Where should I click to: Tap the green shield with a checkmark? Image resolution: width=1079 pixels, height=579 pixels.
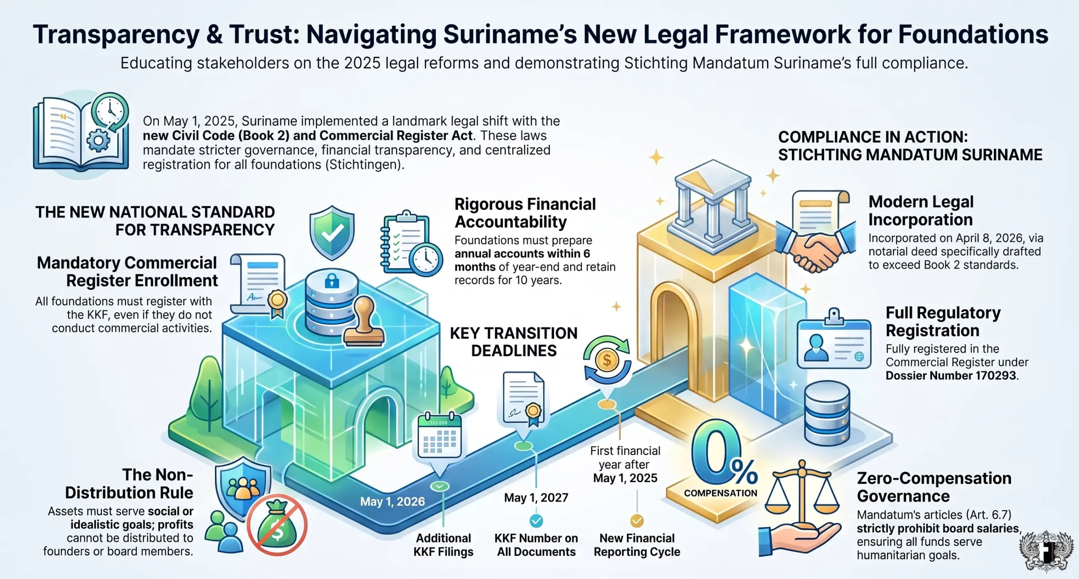point(332,233)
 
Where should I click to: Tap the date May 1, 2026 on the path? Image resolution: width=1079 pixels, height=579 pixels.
point(392,501)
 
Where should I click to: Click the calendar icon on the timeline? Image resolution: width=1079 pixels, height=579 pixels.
point(440,436)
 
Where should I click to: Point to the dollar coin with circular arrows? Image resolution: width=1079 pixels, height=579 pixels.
point(607,360)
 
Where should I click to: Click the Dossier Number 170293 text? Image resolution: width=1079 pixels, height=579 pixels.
point(951,375)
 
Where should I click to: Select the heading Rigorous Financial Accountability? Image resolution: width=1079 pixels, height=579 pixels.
point(525,213)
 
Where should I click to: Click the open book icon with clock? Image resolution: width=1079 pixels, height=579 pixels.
point(81,133)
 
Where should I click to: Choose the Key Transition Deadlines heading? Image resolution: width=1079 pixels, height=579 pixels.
point(514,342)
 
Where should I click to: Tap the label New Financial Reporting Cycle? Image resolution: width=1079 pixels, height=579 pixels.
point(637,545)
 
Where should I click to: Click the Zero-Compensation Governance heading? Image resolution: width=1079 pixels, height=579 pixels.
point(934,487)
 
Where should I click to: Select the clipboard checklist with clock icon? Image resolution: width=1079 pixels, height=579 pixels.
point(411,243)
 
